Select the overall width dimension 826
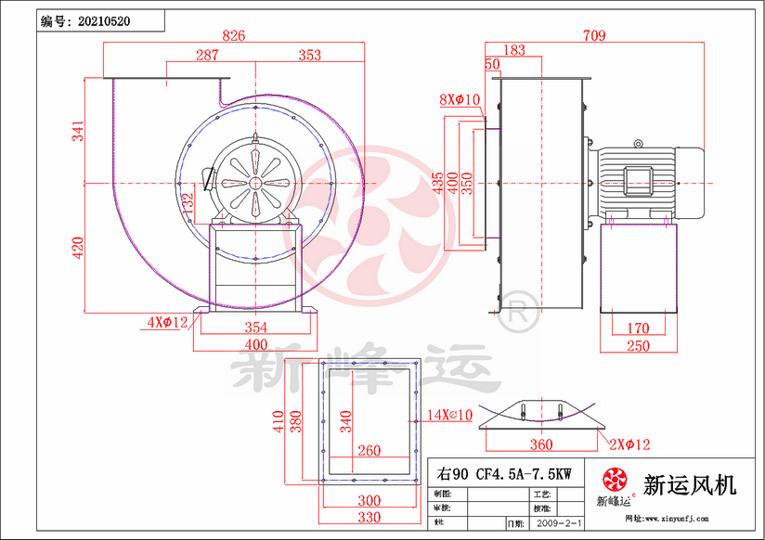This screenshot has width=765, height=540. (x=234, y=35)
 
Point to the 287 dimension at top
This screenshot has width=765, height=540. (x=207, y=56)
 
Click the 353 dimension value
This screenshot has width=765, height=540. (x=309, y=56)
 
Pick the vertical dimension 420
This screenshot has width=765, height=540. (x=79, y=246)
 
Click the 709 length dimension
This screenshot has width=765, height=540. (x=593, y=35)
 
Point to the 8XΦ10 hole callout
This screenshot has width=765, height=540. (x=459, y=99)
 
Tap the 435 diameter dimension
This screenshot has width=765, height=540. (x=436, y=182)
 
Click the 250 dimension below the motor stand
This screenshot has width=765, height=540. (x=637, y=345)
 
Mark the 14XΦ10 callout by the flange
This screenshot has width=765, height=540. (x=450, y=414)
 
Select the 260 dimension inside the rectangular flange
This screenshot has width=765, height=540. (x=369, y=451)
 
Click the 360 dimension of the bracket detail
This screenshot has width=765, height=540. (x=541, y=444)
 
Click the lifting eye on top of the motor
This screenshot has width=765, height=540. (x=638, y=143)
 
